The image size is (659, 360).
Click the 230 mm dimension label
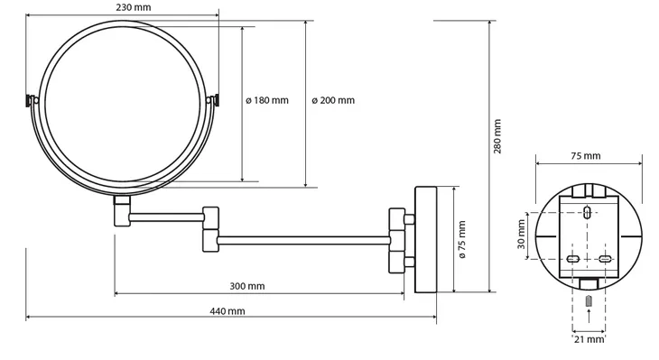134,7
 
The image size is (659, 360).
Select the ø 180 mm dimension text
267,100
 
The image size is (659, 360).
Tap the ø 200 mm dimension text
333,100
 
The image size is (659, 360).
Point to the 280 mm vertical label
497,136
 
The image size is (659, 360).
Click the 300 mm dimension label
247,287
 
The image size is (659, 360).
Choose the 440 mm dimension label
227,311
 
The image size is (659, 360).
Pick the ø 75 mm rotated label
462,239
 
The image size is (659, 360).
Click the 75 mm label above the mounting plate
586,156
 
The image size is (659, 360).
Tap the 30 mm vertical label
522,235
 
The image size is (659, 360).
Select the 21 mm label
589,339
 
